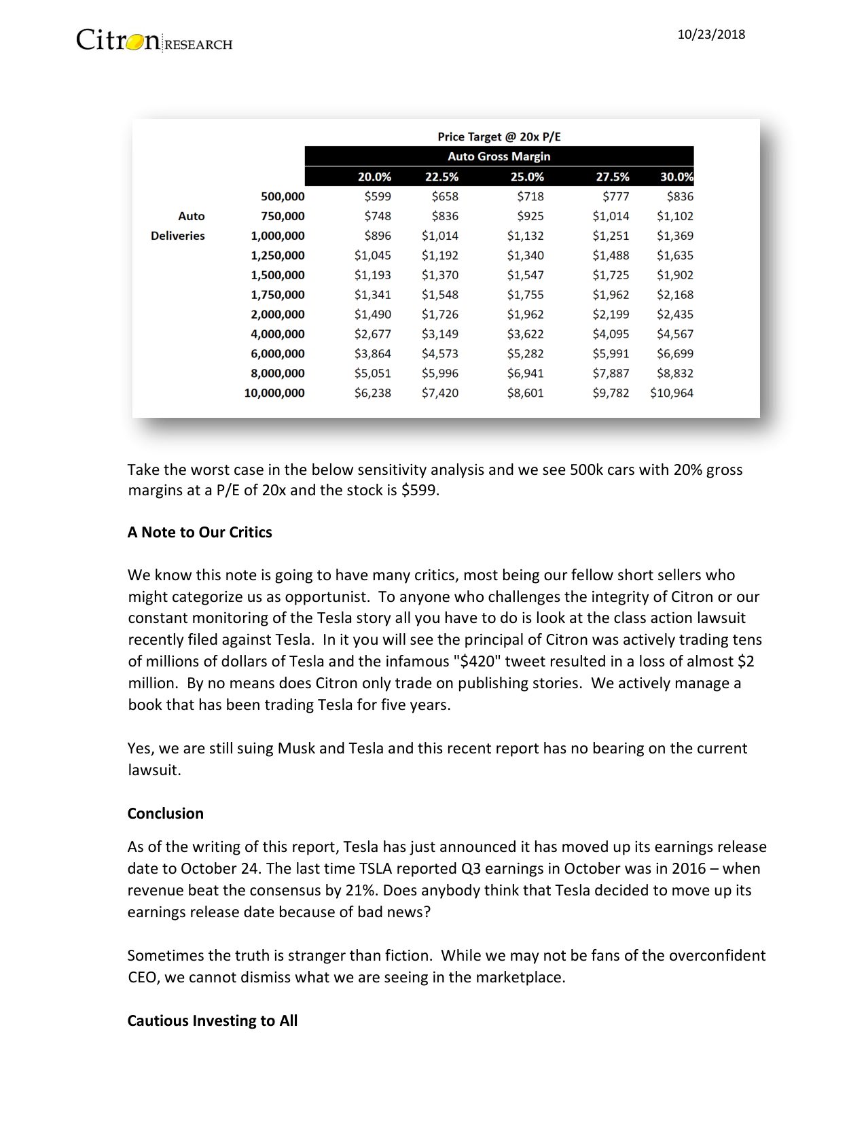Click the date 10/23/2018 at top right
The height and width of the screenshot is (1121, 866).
coord(711,35)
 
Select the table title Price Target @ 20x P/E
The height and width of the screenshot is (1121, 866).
coord(499,137)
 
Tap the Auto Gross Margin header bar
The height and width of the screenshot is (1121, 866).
coord(499,156)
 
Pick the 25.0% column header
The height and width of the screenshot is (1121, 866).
coord(527,177)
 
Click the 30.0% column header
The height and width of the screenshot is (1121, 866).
coord(676,177)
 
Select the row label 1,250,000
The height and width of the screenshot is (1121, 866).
coord(277,255)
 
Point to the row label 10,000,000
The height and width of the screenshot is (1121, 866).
coord(274,393)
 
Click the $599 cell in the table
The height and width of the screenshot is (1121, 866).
coord(378,196)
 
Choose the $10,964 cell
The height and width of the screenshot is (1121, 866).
coord(671,393)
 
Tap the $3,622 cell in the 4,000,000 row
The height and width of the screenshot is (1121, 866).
coord(525,334)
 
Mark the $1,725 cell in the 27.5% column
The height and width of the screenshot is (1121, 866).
coord(611,275)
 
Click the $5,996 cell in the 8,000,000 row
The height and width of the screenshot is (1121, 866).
coord(439,373)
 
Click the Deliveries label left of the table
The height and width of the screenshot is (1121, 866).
coord(177,236)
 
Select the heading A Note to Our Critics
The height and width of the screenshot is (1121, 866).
coord(200,532)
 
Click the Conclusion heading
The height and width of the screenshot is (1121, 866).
coord(165,813)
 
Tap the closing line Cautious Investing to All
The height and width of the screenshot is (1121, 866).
coord(212,1020)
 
